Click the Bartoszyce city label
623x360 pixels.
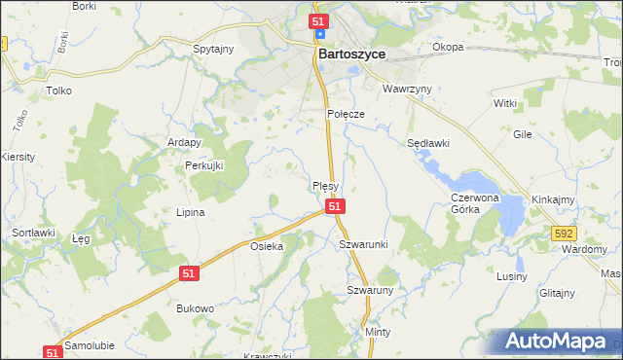click(351, 55)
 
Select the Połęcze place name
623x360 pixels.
click(345, 114)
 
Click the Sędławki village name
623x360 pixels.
click(427, 142)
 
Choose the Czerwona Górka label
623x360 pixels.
click(474, 202)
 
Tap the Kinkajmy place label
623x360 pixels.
click(552, 199)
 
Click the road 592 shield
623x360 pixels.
click(562, 234)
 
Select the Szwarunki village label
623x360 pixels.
click(363, 243)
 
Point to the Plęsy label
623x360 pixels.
click(324, 185)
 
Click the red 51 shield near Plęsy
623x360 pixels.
click(334, 206)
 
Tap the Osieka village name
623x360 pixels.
click(267, 246)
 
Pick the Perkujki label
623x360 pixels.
click(204, 165)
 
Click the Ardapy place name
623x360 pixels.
click(184, 142)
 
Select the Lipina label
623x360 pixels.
click(190, 211)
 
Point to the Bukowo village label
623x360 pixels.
click(195, 307)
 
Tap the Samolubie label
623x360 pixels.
click(91, 345)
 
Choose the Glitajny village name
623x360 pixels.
click(557, 292)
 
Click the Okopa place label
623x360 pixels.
click(448, 47)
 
